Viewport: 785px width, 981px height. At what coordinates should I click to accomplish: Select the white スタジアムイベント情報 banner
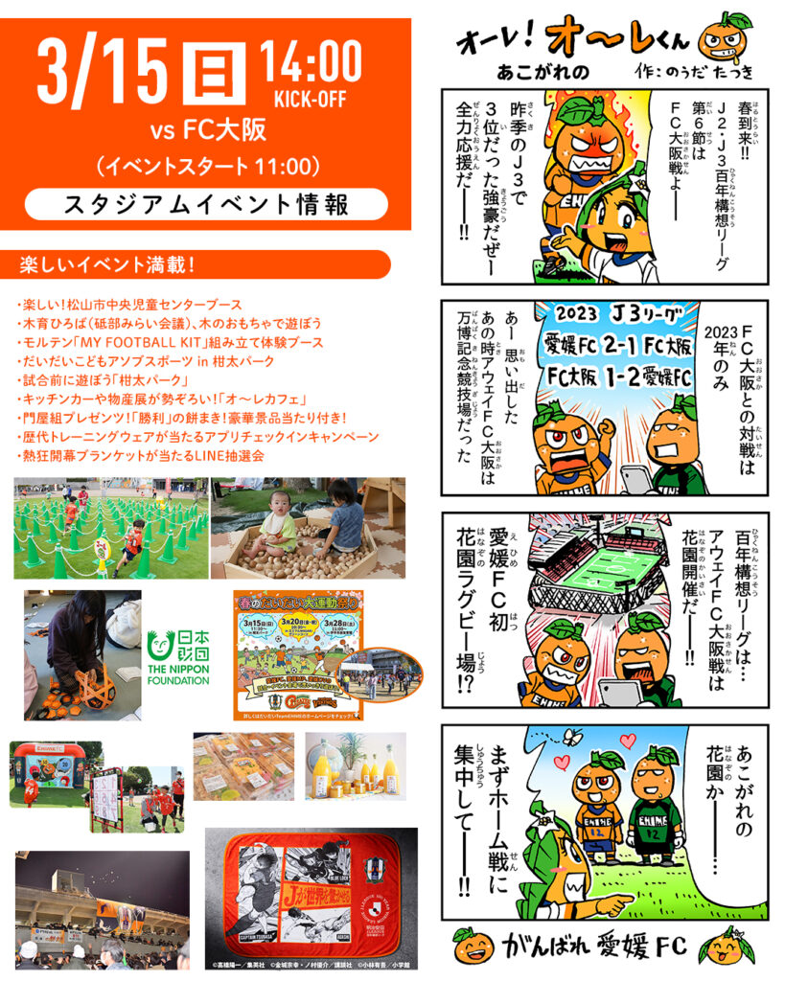coord(206,204)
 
